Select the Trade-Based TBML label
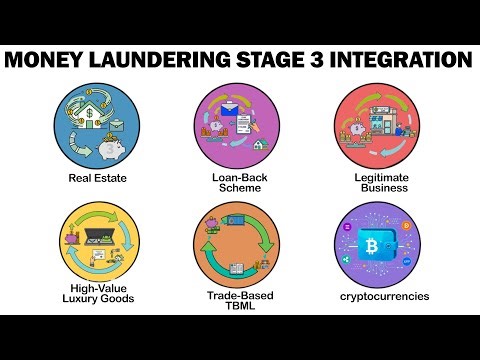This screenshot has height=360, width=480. (x=239, y=301)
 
